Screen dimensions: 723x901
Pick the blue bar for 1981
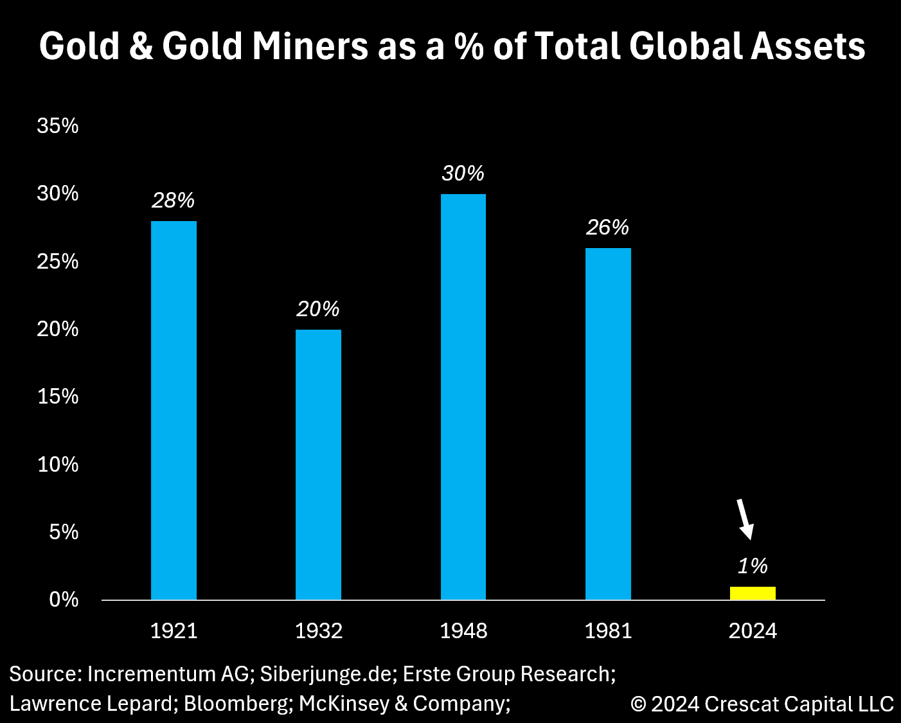pyautogui.click(x=608, y=424)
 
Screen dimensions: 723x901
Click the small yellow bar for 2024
pyautogui.click(x=753, y=593)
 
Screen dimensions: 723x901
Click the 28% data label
pyautogui.click(x=173, y=201)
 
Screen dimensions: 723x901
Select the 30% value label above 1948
pyautogui.click(x=463, y=174)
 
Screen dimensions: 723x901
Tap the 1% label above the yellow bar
pyautogui.click(x=753, y=566)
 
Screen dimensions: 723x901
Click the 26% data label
pyautogui.click(x=607, y=228)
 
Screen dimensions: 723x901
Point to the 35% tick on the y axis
pyautogui.click(x=58, y=126)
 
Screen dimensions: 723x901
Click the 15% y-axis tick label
pyautogui.click(x=58, y=397)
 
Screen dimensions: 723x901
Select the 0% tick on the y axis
pyautogui.click(x=64, y=600)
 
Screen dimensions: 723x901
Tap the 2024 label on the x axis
pyautogui.click(x=753, y=631)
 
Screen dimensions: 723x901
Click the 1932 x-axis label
pyautogui.click(x=318, y=631)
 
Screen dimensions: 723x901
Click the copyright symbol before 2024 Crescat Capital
pyautogui.click(x=638, y=704)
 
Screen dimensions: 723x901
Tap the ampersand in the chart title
pyautogui.click(x=141, y=47)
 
